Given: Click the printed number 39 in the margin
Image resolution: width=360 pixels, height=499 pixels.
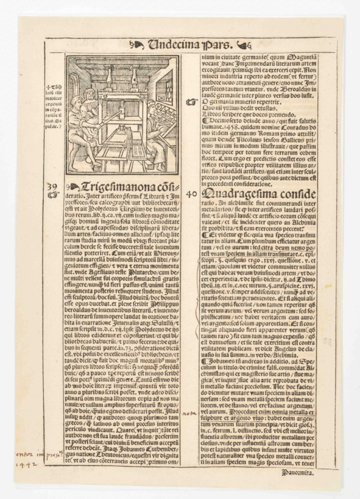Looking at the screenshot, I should coord(52,187).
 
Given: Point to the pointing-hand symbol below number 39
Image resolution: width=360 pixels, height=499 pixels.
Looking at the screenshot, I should coord(52,195).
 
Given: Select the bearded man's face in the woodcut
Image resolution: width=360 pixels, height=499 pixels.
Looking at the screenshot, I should coord(88,93).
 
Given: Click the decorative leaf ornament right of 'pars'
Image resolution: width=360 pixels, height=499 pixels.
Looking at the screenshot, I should coord(245,45).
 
